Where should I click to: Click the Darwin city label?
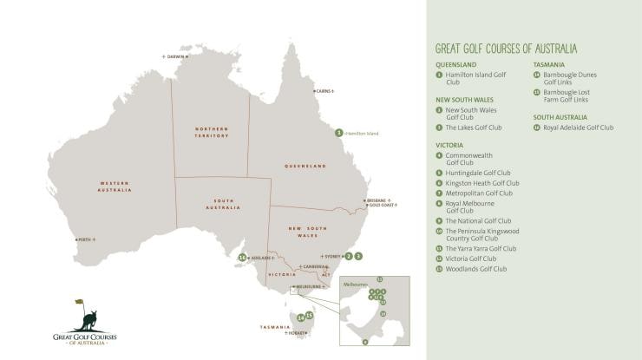177,56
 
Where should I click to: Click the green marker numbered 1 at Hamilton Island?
339,133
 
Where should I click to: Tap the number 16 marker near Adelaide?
243,258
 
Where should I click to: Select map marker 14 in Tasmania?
300,318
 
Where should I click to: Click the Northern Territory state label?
212,132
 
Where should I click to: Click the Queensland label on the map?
305,165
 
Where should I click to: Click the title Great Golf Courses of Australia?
506,49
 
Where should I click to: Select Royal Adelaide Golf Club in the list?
578,128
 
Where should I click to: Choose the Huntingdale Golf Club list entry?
478,173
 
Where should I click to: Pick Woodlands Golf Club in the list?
475,269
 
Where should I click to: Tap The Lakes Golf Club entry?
473,128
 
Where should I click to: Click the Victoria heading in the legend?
449,145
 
